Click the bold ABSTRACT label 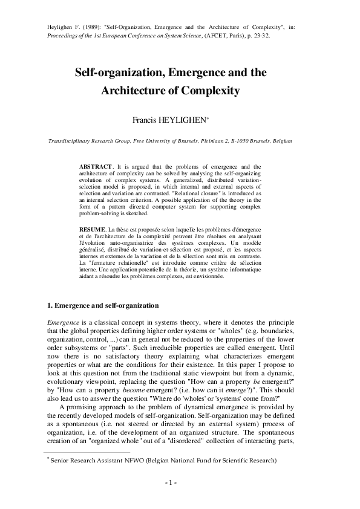tap(96, 166)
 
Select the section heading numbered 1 tap(103, 305)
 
